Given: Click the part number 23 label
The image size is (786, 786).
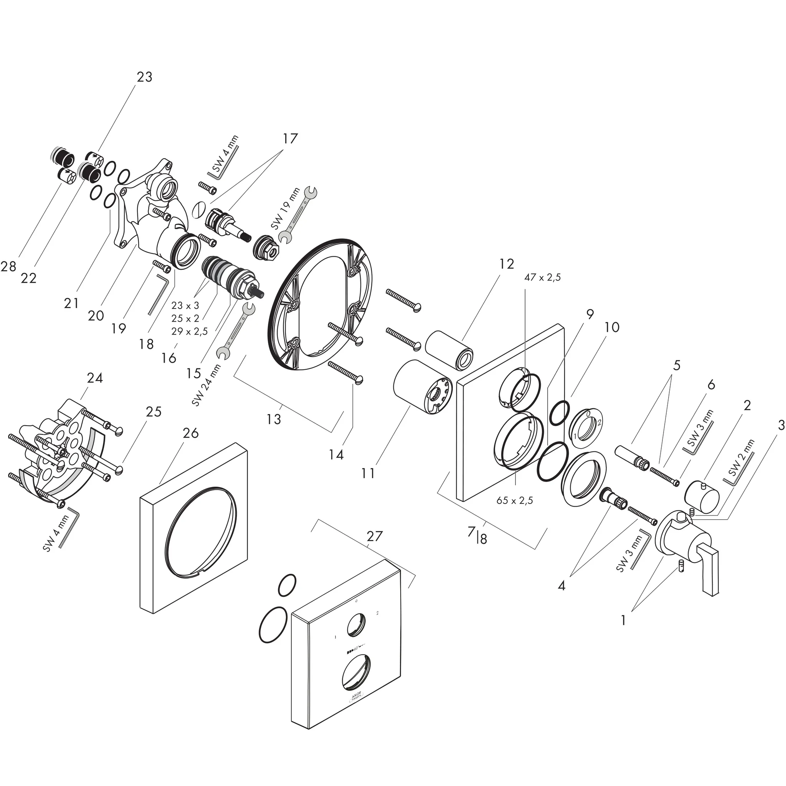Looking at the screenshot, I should pyautogui.click(x=144, y=77).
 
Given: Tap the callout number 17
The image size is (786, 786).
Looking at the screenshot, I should pyautogui.click(x=290, y=138).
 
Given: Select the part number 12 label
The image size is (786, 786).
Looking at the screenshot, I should pyautogui.click(x=507, y=264).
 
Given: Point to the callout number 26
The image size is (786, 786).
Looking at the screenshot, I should pyautogui.click(x=190, y=433).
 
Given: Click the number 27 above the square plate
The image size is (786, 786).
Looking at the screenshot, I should pyautogui.click(x=374, y=536).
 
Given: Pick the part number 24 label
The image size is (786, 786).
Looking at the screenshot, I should pyautogui.click(x=95, y=378).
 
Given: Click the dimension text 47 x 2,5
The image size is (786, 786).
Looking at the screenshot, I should pyautogui.click(x=542, y=277).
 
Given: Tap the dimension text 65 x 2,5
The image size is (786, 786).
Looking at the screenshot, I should pyautogui.click(x=515, y=500).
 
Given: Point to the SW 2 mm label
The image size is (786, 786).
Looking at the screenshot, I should pyautogui.click(x=741, y=458).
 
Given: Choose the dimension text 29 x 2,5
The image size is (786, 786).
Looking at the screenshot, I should pyautogui.click(x=190, y=331).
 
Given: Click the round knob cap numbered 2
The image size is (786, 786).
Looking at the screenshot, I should pyautogui.click(x=702, y=493).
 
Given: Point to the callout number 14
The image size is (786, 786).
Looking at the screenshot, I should pyautogui.click(x=337, y=454).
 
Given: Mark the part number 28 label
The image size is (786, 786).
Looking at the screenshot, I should pyautogui.click(x=8, y=266).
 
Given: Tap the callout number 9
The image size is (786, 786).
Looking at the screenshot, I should pyautogui.click(x=589, y=314).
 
